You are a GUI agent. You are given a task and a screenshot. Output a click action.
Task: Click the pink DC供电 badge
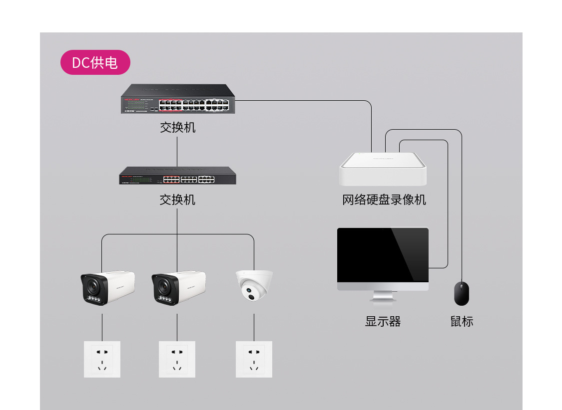tap(95, 63)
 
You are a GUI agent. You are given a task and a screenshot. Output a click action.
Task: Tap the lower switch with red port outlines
tap(177, 176)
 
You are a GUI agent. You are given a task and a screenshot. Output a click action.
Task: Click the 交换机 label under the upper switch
tap(177, 127)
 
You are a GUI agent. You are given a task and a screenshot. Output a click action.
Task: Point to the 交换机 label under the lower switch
tap(177, 200)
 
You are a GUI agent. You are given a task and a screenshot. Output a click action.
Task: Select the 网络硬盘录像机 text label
tap(384, 200)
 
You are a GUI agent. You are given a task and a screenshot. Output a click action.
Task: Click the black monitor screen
tap(383, 255)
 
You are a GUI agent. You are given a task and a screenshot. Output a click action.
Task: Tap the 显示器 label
tap(383, 322)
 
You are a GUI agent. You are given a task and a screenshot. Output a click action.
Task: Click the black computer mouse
tap(461, 294)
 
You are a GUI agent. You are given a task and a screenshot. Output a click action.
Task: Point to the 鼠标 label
tap(461, 322)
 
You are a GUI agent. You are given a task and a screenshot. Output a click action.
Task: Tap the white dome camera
tap(254, 286)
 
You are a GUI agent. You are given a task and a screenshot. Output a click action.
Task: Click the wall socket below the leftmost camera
tap(102, 359)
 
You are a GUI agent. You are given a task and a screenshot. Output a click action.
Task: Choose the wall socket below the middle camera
tap(177, 359)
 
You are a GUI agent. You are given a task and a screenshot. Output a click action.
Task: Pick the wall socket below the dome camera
tap(254, 359)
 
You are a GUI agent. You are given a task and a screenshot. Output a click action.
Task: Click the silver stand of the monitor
tap(383, 296)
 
